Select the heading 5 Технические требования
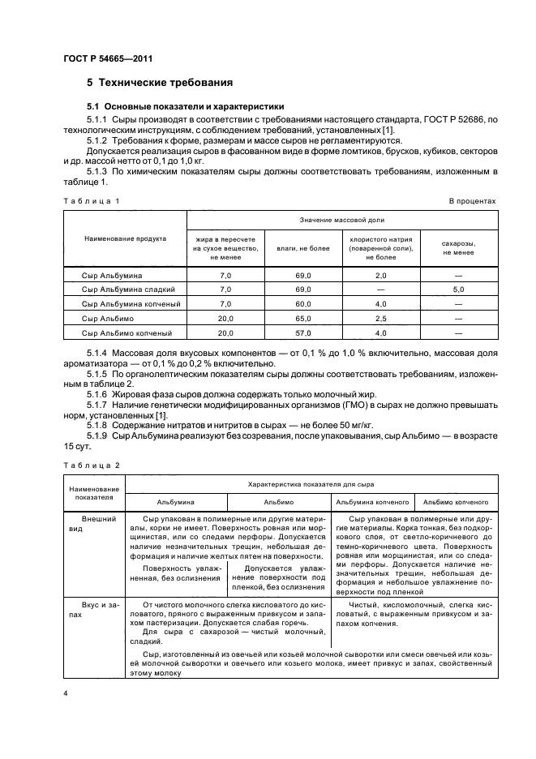160,83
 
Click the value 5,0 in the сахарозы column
458,289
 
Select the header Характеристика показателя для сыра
310,484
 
